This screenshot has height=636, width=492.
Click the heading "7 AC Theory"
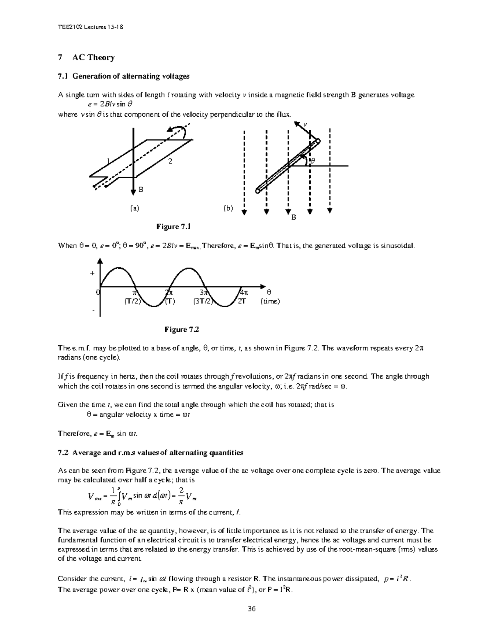(87, 58)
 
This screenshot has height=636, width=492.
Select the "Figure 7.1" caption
(173, 226)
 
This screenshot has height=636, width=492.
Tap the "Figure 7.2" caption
(182, 329)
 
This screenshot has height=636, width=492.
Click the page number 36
(251, 609)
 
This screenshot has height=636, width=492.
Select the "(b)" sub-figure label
(228, 208)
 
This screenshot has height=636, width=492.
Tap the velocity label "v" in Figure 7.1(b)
(305, 125)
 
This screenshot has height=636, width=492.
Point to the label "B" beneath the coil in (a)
(141, 189)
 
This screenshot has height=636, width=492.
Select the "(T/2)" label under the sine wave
(132, 301)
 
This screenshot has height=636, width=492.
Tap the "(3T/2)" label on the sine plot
(203, 301)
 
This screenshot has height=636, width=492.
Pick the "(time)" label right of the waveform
(270, 301)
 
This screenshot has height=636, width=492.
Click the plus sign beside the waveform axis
(92, 273)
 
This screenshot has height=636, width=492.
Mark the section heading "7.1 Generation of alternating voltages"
(124, 76)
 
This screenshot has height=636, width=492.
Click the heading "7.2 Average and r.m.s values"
(151, 453)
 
